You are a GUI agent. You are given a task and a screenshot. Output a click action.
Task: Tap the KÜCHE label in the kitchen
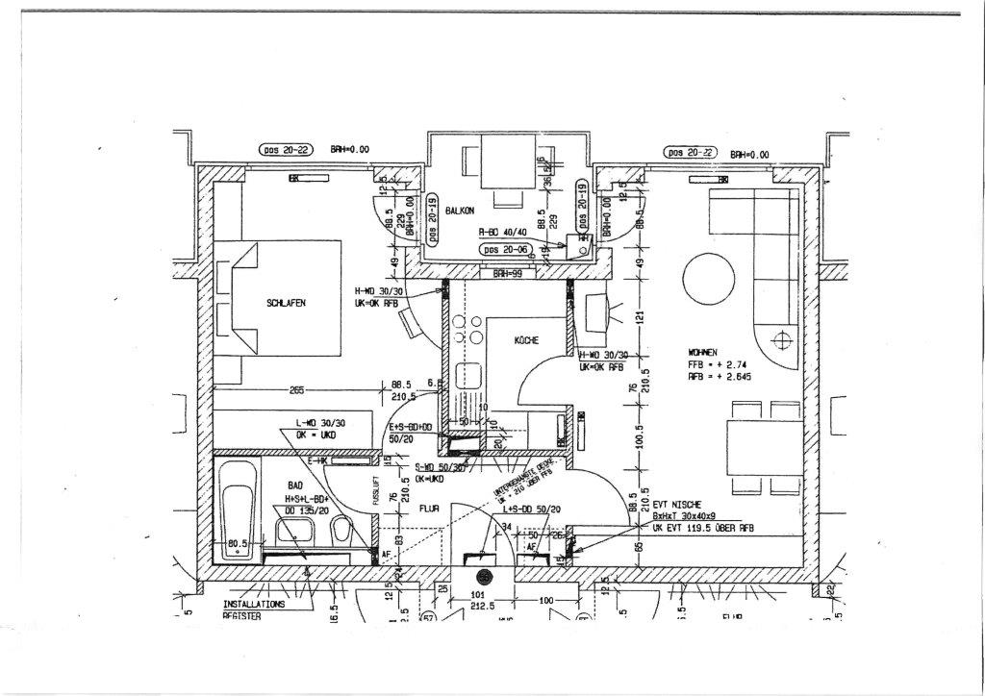(x=526, y=340)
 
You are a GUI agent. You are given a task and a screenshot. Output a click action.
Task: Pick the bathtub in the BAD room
(x=236, y=510)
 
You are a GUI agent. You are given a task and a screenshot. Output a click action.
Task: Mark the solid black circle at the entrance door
(x=483, y=577)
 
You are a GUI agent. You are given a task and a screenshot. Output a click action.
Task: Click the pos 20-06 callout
(x=507, y=250)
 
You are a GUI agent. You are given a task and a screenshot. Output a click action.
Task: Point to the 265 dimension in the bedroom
(x=297, y=389)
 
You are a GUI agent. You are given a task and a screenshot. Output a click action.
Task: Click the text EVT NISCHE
(x=676, y=504)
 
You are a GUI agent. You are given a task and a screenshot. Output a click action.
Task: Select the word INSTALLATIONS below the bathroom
(x=254, y=605)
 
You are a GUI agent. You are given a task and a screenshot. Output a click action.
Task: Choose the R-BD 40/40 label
(x=502, y=232)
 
